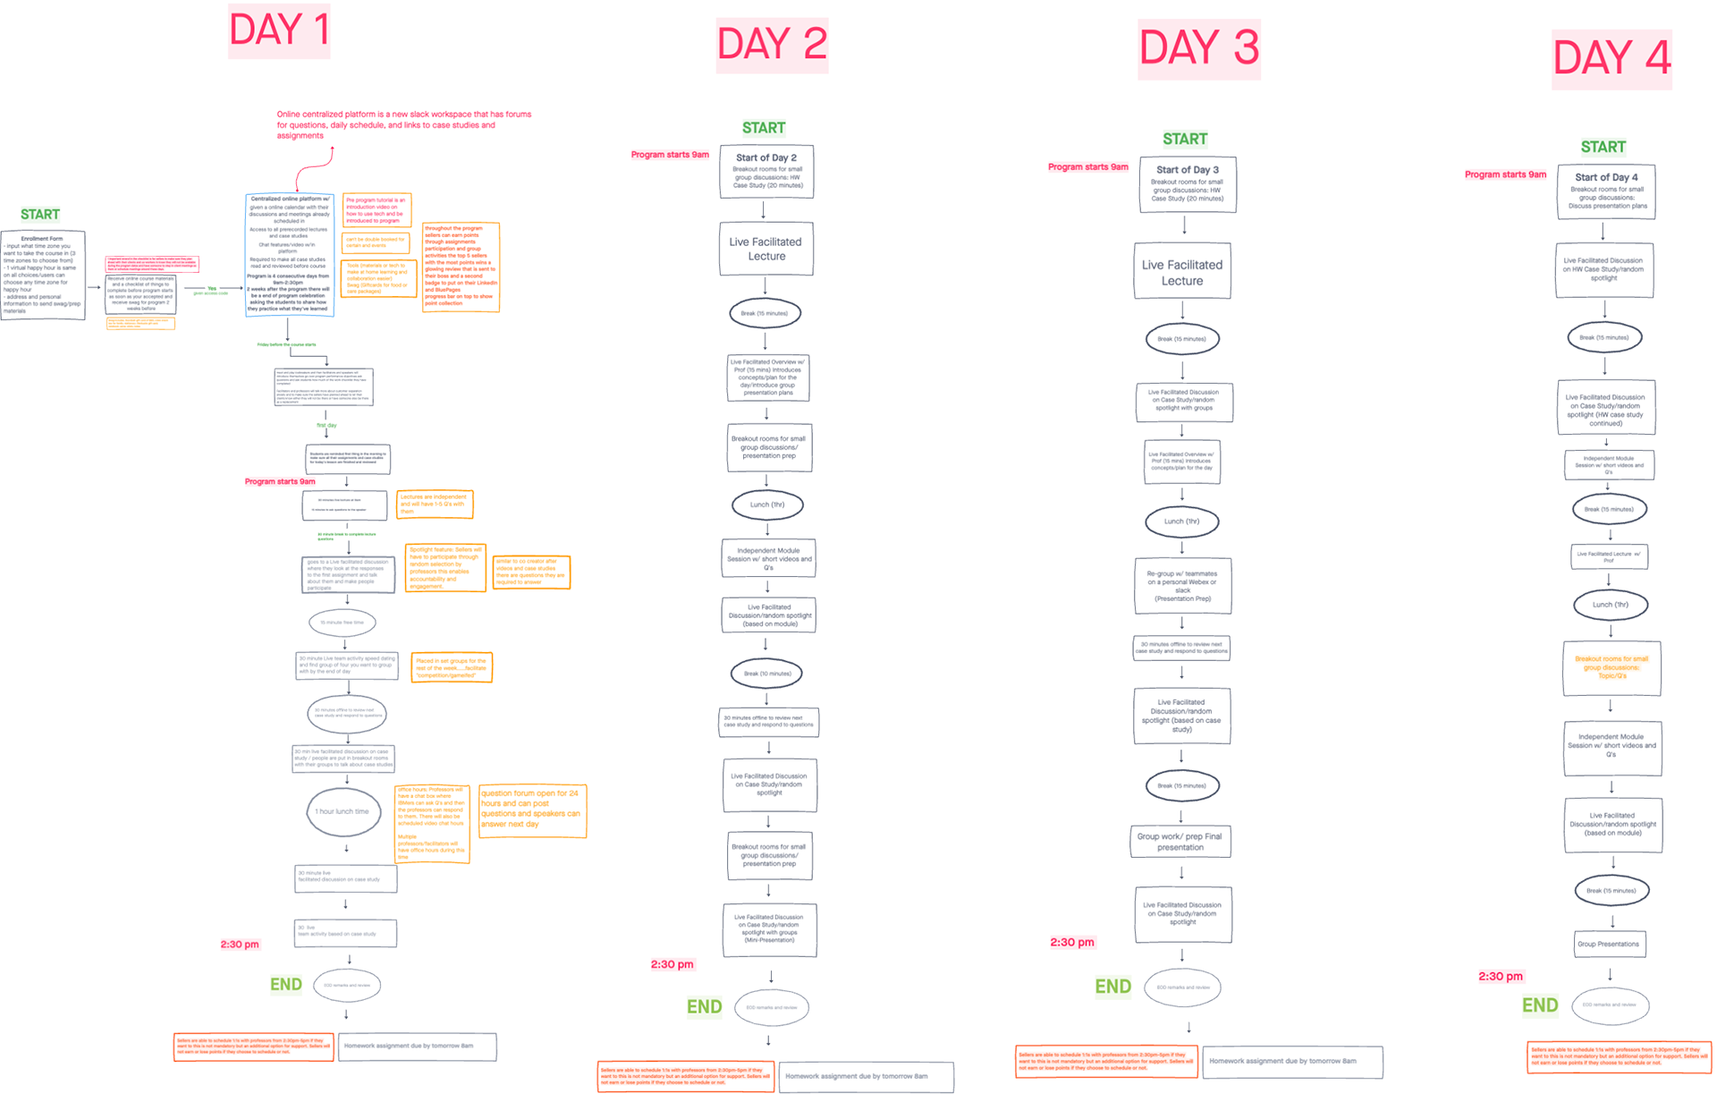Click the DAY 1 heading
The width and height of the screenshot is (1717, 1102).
click(x=279, y=30)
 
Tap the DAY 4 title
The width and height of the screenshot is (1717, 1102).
click(x=1611, y=59)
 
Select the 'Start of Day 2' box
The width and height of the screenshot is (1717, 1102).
click(x=766, y=171)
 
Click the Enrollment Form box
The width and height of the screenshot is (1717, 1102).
click(x=43, y=275)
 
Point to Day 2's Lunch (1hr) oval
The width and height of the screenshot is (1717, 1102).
click(x=767, y=504)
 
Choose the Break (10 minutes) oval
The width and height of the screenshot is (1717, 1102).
click(x=767, y=674)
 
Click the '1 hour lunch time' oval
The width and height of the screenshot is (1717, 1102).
click(x=343, y=812)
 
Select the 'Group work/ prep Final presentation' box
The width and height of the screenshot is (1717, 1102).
click(x=1180, y=842)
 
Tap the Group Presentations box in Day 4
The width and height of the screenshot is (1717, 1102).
click(x=1609, y=944)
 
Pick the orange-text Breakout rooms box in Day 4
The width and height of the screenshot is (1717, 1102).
click(x=1611, y=667)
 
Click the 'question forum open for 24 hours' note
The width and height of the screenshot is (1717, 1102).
click(x=532, y=811)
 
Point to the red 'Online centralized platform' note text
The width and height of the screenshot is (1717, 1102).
click(x=403, y=124)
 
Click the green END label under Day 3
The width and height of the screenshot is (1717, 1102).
click(x=1112, y=986)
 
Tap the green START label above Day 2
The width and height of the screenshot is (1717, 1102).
click(x=764, y=128)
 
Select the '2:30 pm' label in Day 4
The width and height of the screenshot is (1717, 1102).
click(x=1500, y=976)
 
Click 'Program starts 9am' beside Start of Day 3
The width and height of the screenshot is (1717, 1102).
click(x=1087, y=167)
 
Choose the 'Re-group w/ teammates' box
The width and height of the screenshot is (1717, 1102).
click(x=1182, y=586)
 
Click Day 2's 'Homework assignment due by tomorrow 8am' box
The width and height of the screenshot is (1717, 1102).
click(x=866, y=1076)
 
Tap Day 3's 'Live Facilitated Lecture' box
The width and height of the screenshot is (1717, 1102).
click(x=1182, y=272)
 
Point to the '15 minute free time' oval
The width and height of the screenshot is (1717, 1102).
click(x=343, y=623)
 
